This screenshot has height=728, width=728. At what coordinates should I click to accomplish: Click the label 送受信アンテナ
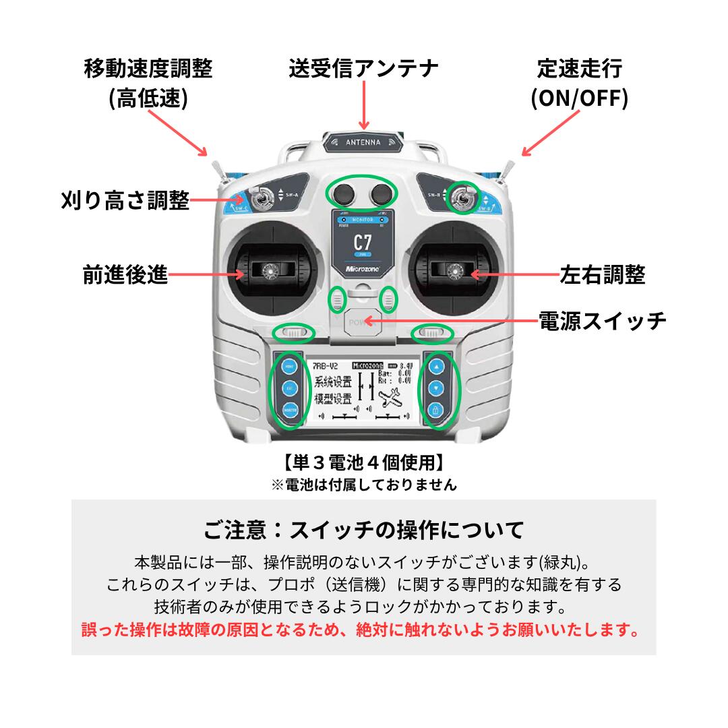(363, 68)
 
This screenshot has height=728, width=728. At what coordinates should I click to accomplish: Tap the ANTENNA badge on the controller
(363, 142)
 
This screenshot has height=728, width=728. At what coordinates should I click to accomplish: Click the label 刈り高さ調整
(125, 200)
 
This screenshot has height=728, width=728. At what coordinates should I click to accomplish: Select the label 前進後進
(125, 275)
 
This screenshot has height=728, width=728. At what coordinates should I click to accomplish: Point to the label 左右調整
(602, 275)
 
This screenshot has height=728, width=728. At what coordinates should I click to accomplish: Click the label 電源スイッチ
(602, 320)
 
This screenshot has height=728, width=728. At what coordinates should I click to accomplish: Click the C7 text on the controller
(363, 243)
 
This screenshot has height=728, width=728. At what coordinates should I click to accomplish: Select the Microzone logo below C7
(363, 268)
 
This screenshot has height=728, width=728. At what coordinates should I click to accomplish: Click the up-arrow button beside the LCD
(436, 368)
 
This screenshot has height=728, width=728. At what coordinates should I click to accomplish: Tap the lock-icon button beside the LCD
(436, 410)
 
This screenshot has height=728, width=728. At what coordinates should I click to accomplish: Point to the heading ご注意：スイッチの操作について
(363, 529)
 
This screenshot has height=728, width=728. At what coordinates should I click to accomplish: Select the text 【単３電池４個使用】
(363, 463)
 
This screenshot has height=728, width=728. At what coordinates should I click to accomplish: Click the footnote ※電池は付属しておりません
(363, 484)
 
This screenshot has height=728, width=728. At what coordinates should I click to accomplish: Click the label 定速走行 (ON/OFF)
(579, 84)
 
